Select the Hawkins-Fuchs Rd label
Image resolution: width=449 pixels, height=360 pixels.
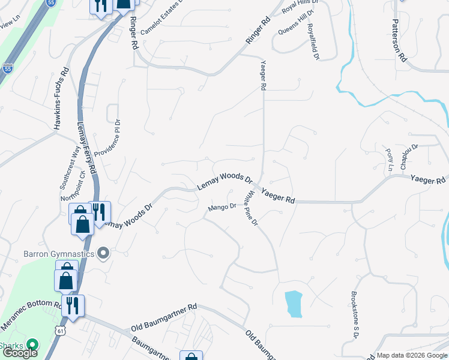61,98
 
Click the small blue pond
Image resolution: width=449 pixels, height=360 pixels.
294,304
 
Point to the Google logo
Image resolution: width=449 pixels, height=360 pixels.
20,353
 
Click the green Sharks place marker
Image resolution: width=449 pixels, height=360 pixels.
32,346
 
